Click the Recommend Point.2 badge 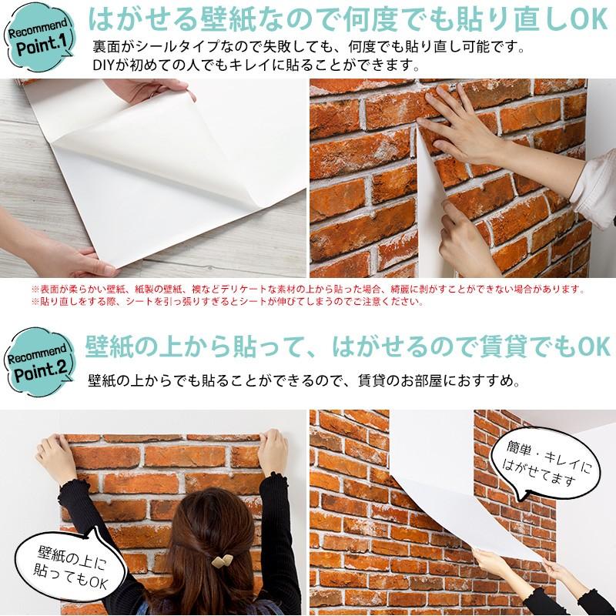click(40, 361)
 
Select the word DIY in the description click(103, 62)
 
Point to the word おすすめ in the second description click(490, 380)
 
